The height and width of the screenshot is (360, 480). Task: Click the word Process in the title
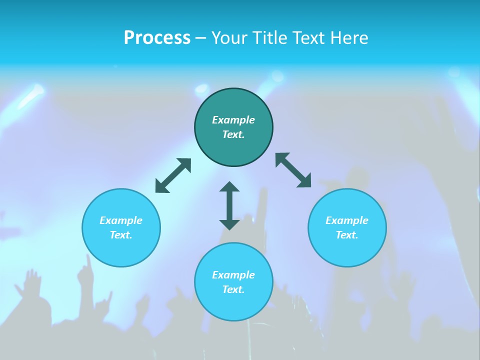(157, 38)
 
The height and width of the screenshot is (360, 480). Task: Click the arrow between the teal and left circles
(173, 175)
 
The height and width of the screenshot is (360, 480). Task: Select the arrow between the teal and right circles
(293, 170)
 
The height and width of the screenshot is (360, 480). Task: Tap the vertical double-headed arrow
(229, 205)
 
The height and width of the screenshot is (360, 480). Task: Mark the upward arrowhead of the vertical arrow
(229, 187)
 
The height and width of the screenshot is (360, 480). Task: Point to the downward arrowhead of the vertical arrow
(229, 224)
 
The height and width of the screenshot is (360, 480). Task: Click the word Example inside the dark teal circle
(233, 120)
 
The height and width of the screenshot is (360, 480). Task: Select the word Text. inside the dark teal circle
(233, 134)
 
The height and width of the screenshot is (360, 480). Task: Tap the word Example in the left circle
(121, 220)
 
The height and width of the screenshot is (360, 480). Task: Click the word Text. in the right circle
(347, 235)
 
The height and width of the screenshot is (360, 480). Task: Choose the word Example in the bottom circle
(233, 275)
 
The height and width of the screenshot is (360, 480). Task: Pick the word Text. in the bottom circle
(233, 289)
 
